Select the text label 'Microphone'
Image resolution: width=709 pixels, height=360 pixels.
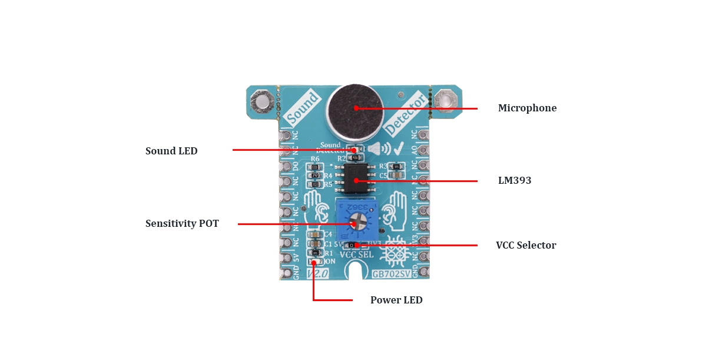[x=527, y=108]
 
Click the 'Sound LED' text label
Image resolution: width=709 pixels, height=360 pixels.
[x=171, y=151]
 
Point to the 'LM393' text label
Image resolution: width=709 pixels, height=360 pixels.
[x=514, y=181]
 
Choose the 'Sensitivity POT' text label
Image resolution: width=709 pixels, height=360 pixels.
[x=182, y=224]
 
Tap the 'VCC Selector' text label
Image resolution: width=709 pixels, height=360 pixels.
[x=525, y=246]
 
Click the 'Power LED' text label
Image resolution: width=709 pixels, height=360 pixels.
[x=396, y=300]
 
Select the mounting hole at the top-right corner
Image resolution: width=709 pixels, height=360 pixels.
[x=445, y=101]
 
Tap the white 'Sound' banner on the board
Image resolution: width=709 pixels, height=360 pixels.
[x=303, y=108]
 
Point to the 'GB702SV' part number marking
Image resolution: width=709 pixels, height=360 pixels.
[x=391, y=274]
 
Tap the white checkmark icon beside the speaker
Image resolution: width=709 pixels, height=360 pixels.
[x=399, y=148]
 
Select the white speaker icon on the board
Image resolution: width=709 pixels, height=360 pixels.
[x=379, y=149]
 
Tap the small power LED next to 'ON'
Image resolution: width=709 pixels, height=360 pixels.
[x=315, y=262]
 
